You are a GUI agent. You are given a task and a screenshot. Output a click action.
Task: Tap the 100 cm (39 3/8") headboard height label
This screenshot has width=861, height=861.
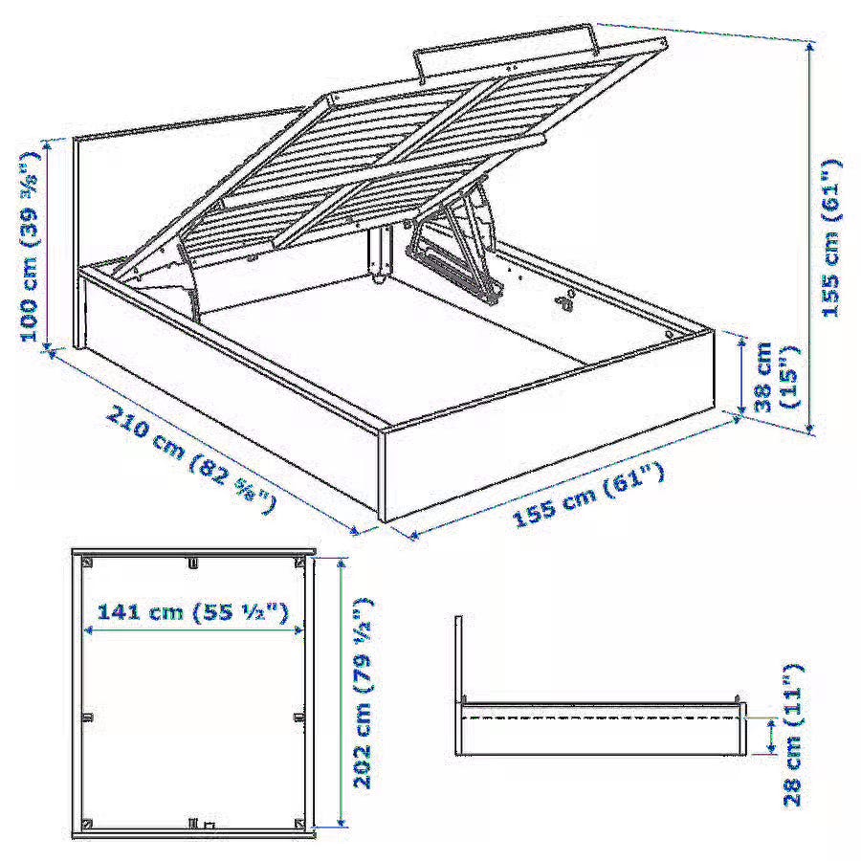[31, 246]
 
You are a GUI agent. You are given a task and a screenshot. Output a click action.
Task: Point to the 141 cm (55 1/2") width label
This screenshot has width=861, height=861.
[192, 611]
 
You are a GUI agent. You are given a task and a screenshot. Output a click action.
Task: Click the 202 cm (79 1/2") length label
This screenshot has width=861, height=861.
[363, 693]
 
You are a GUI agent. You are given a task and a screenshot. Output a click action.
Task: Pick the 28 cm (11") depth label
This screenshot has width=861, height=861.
[793, 736]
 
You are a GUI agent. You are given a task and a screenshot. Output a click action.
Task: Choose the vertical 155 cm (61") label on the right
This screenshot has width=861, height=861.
[830, 237]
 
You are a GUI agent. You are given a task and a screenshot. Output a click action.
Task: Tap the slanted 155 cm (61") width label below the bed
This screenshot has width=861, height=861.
[587, 496]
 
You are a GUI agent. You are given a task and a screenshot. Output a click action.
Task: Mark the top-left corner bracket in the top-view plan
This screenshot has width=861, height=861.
[87, 562]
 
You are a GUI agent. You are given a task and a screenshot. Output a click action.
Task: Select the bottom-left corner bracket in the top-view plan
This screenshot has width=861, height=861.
[87, 824]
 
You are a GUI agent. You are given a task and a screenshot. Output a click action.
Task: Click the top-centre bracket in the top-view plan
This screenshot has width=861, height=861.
[192, 563]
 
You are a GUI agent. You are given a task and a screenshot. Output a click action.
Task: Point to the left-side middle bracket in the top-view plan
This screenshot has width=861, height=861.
[87, 717]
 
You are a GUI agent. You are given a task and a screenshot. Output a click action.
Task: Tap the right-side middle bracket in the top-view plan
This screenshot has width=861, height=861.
[299, 717]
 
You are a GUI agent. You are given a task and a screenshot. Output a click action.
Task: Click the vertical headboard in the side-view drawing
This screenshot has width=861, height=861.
[459, 659]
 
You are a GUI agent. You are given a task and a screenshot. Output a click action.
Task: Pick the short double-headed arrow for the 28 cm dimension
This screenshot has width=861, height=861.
[771, 736]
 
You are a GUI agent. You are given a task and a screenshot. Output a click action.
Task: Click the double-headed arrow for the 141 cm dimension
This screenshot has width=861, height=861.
[192, 630]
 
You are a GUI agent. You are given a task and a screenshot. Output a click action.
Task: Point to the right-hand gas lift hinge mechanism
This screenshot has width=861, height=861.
[454, 247]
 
